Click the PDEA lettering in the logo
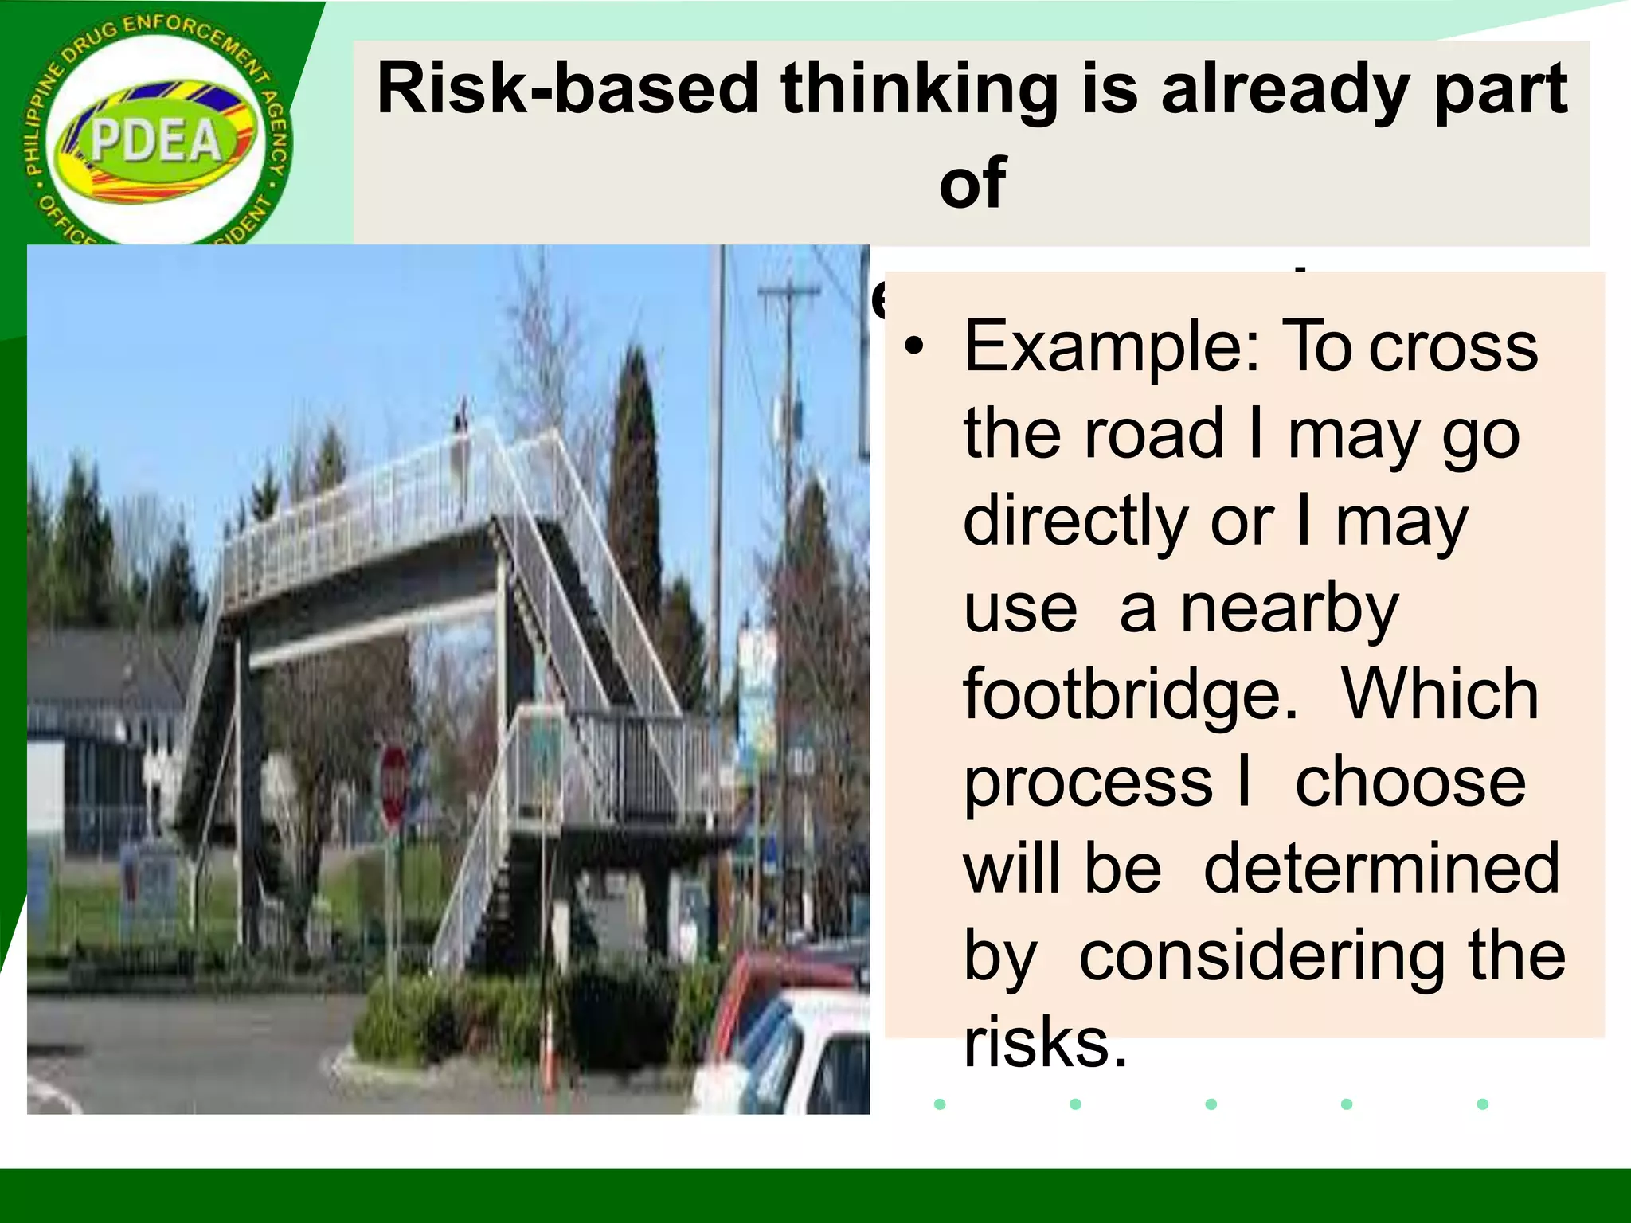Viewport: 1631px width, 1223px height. pyautogui.click(x=156, y=142)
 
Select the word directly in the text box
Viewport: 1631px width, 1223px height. pyautogui.click(x=1075, y=521)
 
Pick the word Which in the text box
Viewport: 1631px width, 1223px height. pyautogui.click(x=1440, y=694)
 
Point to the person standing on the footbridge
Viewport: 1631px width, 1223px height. pyautogui.click(x=461, y=446)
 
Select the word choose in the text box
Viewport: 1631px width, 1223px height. pyautogui.click(x=1410, y=782)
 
